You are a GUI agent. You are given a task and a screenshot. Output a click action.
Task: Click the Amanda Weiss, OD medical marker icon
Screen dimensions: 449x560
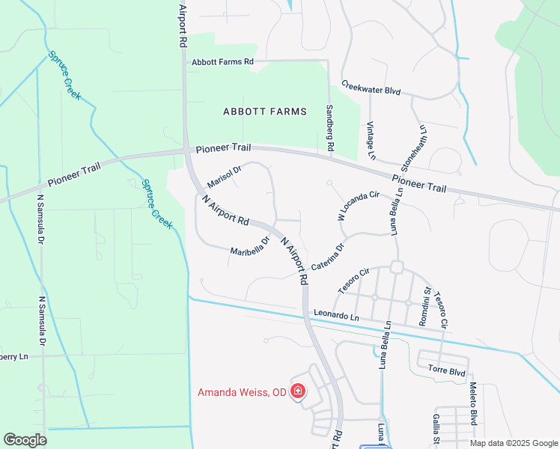coord(298,391)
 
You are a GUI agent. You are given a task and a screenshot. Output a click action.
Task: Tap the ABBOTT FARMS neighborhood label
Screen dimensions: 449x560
coord(265,112)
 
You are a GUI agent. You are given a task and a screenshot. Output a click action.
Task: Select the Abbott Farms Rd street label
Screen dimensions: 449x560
coord(222,62)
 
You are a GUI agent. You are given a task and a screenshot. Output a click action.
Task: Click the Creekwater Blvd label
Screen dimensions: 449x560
coord(371,88)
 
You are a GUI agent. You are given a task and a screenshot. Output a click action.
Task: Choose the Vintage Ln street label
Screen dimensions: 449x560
coord(371,141)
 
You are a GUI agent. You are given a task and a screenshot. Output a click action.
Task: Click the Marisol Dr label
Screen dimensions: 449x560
coord(224,177)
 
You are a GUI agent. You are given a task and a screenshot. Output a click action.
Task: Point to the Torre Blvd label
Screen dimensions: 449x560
coord(447,370)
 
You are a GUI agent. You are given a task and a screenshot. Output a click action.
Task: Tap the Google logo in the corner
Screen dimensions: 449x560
coord(25,440)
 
